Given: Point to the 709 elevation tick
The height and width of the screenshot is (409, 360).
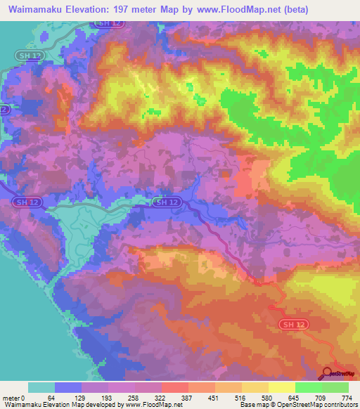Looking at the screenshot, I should (x=321, y=398).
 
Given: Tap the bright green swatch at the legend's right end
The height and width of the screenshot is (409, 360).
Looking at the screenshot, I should (x=335, y=387).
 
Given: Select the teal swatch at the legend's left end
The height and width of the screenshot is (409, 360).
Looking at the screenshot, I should (x=41, y=387).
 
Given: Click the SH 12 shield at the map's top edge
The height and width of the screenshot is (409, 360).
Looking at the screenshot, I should (x=104, y=23).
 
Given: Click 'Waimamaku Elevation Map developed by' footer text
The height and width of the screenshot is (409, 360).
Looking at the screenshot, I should (x=46, y=405).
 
